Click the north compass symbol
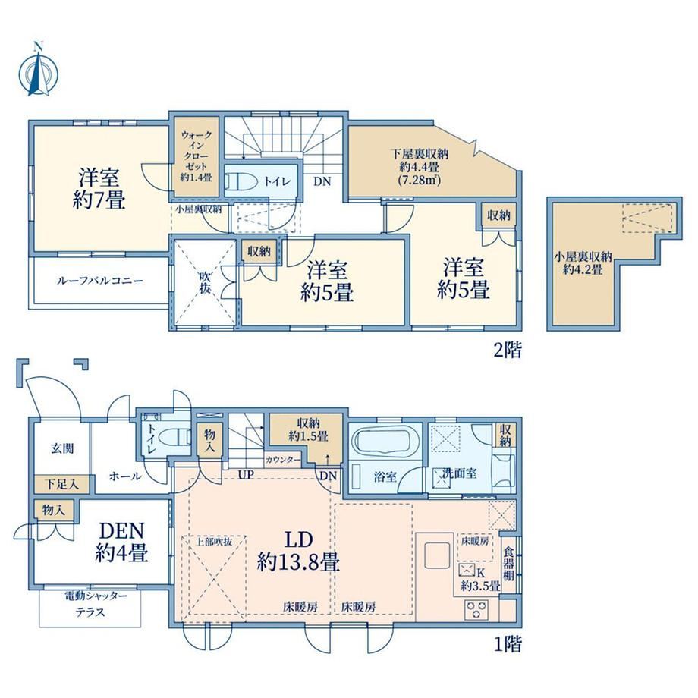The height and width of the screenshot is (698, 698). tap(38, 71)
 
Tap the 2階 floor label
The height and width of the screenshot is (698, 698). tap(508, 350)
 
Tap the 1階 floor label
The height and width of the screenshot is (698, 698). tap(508, 643)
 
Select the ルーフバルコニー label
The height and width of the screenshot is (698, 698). tap(99, 281)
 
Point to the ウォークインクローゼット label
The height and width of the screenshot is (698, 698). tap(196, 156)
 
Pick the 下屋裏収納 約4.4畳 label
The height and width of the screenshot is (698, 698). tap(420, 168)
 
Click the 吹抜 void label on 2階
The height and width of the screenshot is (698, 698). tap(205, 282)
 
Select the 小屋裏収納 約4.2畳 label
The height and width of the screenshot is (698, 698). tap(583, 263)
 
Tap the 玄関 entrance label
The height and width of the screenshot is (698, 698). tap(62, 448)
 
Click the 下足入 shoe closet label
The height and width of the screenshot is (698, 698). tap(63, 484)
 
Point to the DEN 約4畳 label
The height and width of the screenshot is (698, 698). tap(121, 542)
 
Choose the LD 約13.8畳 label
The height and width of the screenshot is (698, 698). tap(299, 551)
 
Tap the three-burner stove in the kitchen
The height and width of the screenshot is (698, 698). tap(476, 609)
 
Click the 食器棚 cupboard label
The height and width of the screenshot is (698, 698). tap(508, 564)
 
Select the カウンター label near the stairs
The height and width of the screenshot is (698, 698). tap(283, 460)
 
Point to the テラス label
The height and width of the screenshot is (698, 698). tap(90, 612)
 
